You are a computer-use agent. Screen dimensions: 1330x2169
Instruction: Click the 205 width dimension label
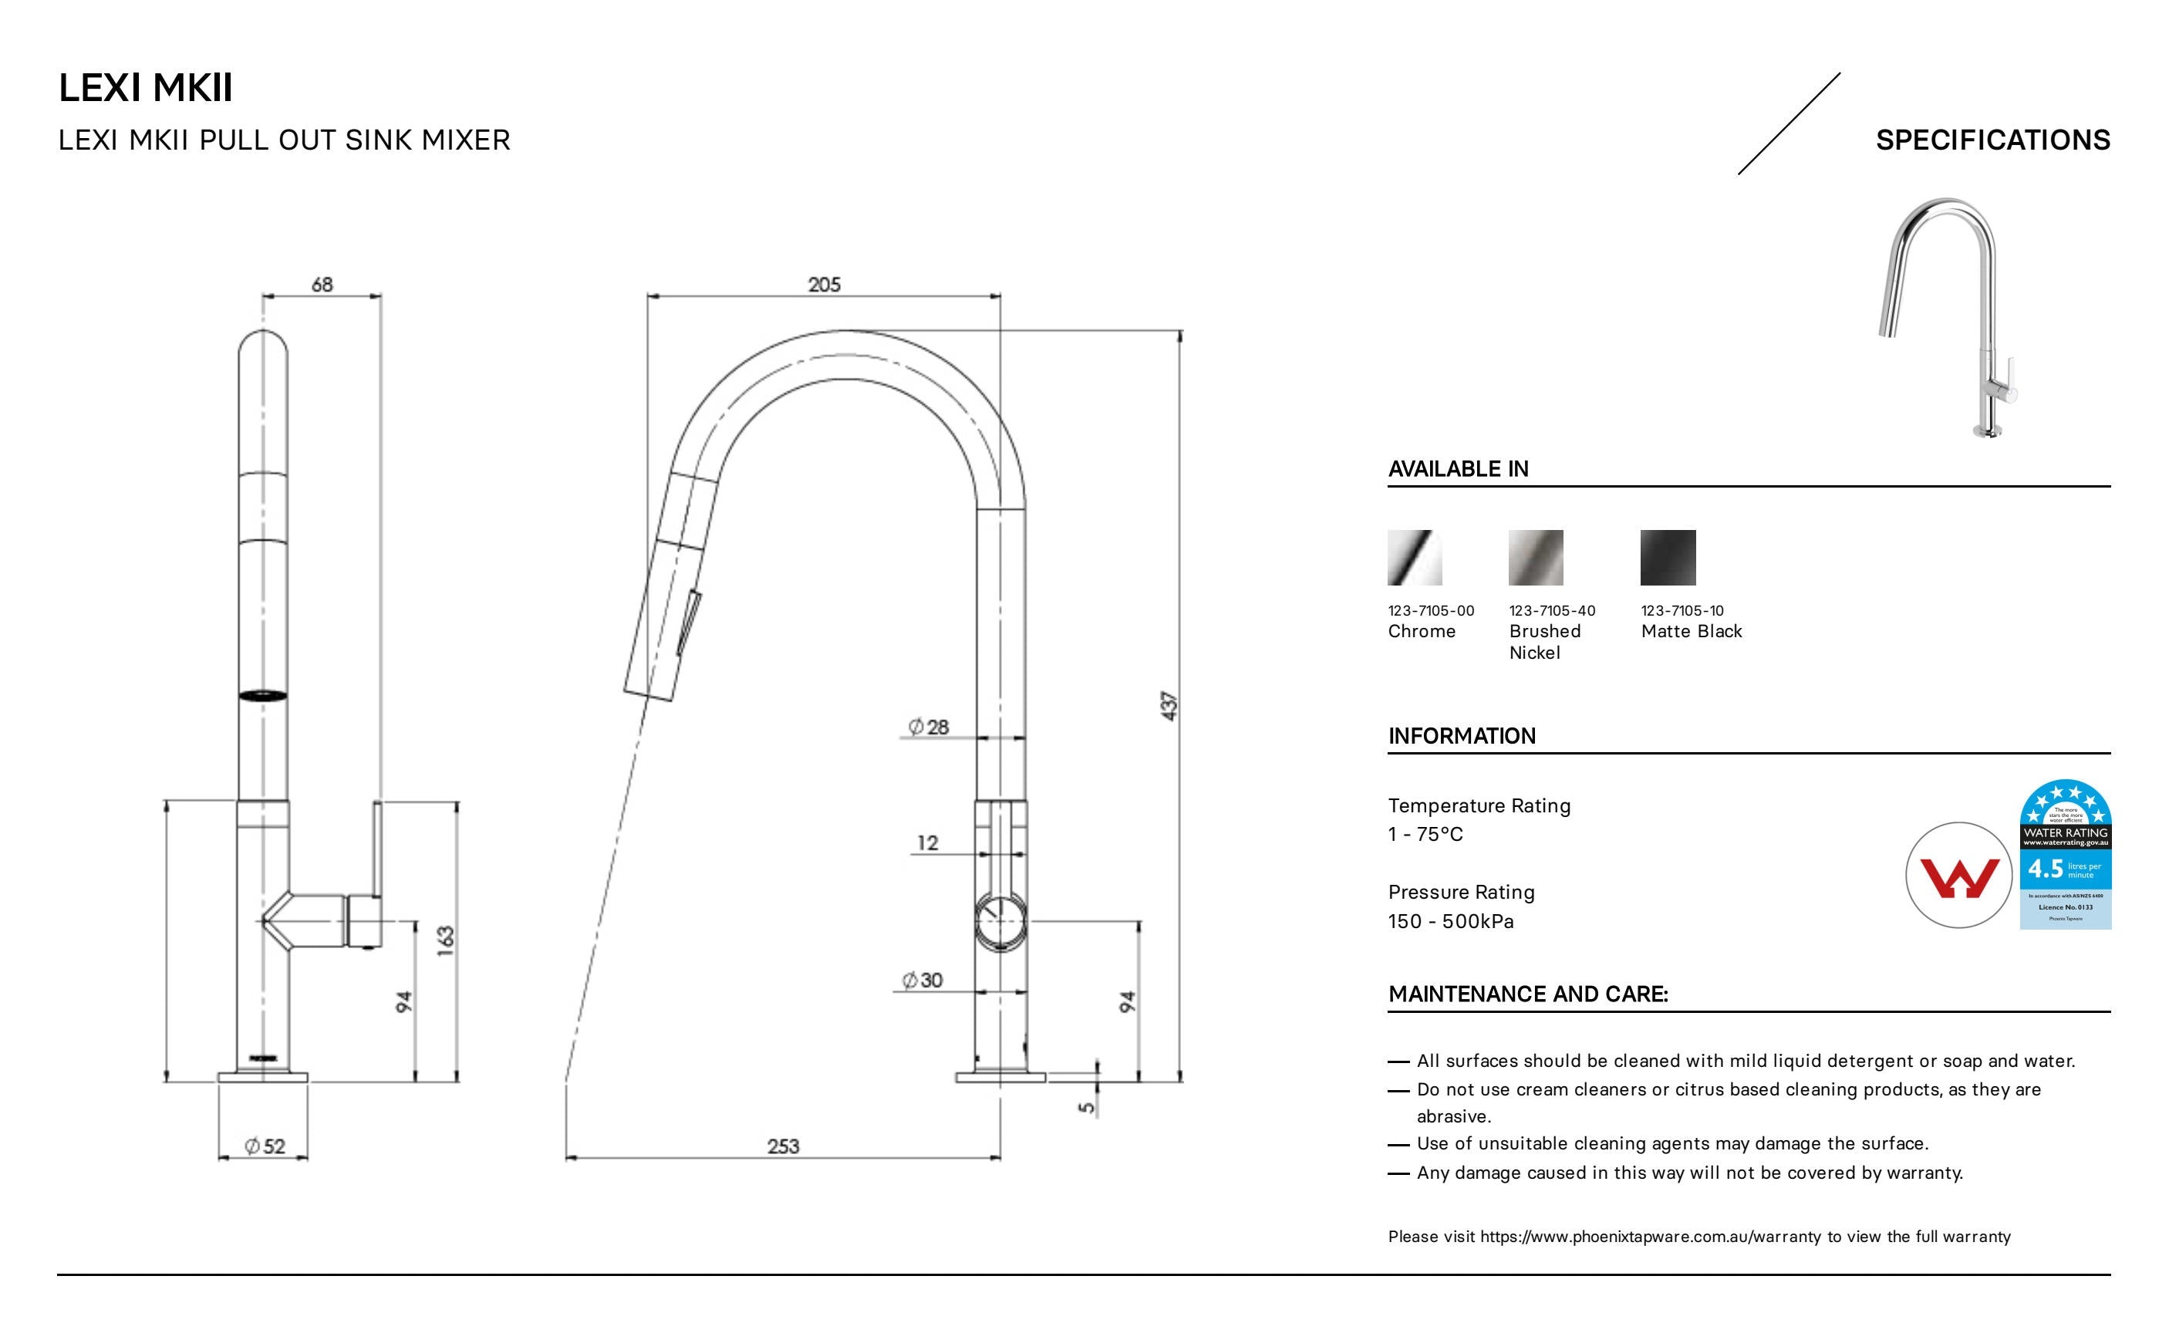pyautogui.click(x=824, y=285)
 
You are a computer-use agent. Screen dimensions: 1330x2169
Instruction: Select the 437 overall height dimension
pyautogui.click(x=1169, y=706)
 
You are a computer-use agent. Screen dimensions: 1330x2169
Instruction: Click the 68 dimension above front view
pyautogui.click(x=322, y=285)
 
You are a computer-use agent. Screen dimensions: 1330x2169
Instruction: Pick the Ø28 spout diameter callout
pyautogui.click(x=929, y=726)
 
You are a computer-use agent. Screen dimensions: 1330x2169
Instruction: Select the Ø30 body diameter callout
pyautogui.click(x=923, y=980)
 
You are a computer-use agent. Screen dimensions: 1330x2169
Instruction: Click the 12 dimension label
pyautogui.click(x=928, y=842)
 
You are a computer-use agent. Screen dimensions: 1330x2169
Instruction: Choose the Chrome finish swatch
pyautogui.click(x=1415, y=557)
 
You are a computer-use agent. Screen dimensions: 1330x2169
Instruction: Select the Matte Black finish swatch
pyautogui.click(x=1667, y=557)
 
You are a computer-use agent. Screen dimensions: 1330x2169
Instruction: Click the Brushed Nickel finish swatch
pyautogui.click(x=1535, y=557)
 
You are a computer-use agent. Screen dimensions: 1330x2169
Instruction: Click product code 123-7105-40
pyautogui.click(x=1551, y=610)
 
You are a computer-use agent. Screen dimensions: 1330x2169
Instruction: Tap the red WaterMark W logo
pyautogui.click(x=1958, y=875)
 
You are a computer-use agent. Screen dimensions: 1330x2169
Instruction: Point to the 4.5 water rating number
pyautogui.click(x=2045, y=869)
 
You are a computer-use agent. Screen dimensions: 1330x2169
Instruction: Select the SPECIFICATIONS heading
pyautogui.click(x=1992, y=140)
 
